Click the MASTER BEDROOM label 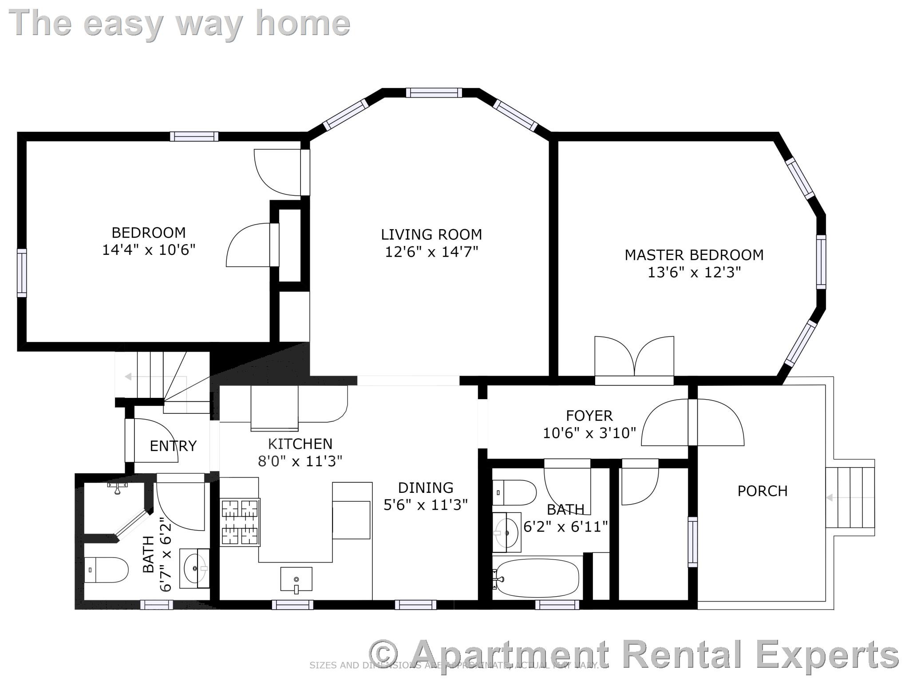(694, 255)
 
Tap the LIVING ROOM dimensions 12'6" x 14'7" (431, 252)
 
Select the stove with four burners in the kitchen (240, 522)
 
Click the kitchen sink (296, 579)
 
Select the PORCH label (762, 491)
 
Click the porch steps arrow (829, 498)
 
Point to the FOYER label (589, 416)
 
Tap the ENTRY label (173, 446)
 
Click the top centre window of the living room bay (434, 92)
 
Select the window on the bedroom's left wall (22, 273)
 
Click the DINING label (425, 488)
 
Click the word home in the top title (303, 23)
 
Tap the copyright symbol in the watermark (383, 653)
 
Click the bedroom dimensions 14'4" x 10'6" (149, 250)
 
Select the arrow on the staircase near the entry (128, 377)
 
